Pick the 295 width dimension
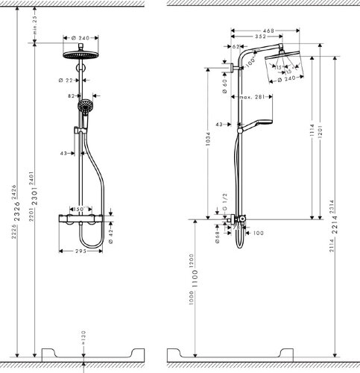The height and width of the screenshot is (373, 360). click(84, 251)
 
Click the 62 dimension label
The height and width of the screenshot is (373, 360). click(237, 47)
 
